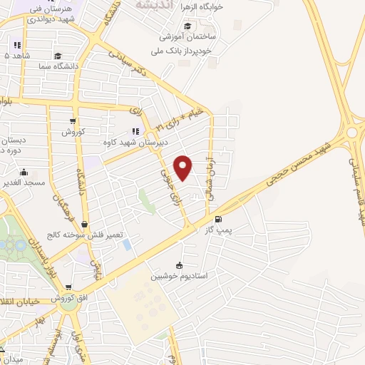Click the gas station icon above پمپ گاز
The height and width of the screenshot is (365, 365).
[x=217, y=220]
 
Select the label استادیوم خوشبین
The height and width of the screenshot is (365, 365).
[x=178, y=274]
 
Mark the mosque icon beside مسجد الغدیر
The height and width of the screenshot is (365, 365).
[x=24, y=172]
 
